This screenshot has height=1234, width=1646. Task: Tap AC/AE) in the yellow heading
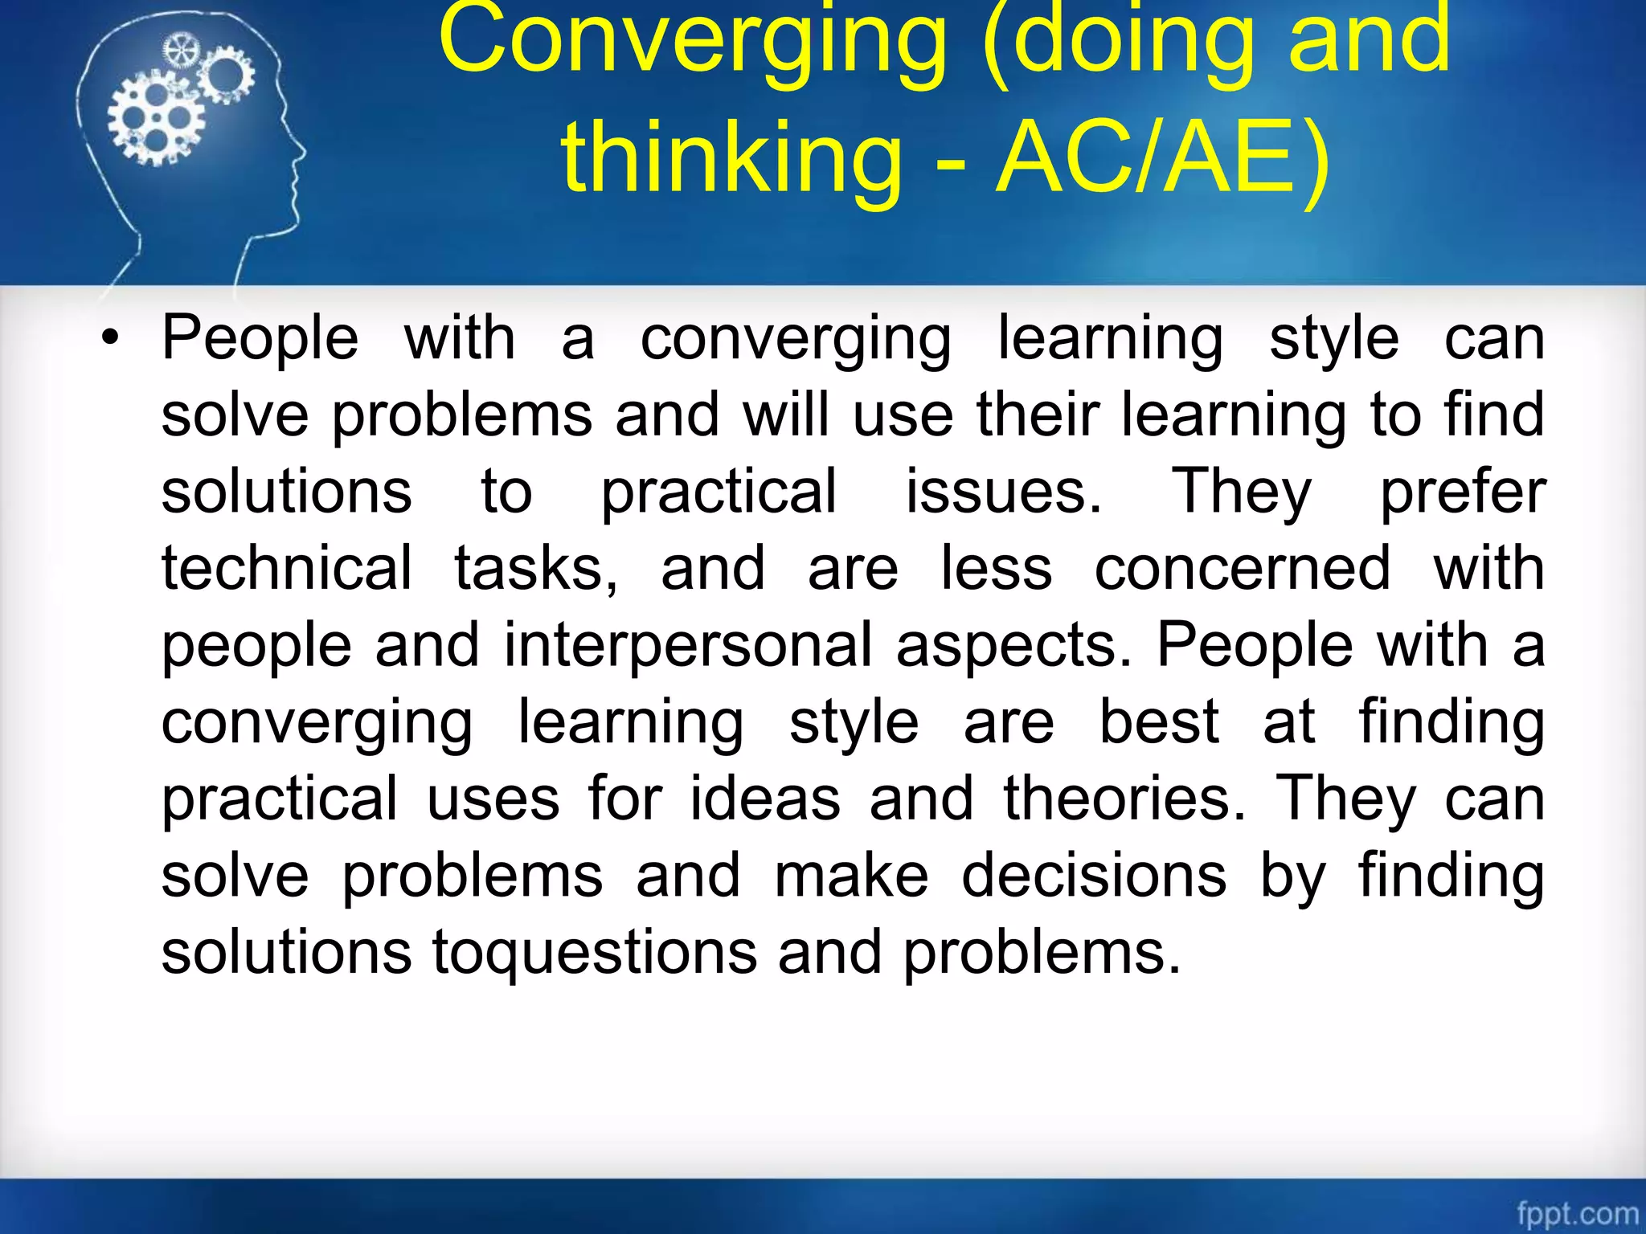pos(1162,157)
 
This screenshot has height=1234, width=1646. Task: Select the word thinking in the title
pos(731,157)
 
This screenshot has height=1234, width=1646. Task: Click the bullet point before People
pos(110,338)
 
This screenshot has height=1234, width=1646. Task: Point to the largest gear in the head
pos(157,118)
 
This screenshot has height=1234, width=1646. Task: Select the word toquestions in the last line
pos(595,953)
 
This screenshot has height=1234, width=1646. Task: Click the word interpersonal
pos(688,645)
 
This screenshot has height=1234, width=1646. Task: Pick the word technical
pos(287,568)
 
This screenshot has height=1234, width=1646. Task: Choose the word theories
pos(1125,799)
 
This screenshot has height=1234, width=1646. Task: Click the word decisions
pos(1095,876)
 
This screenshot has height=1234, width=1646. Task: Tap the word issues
pos(1004,492)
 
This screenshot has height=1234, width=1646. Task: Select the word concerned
pos(1243,568)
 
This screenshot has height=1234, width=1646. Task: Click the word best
pos(1159,721)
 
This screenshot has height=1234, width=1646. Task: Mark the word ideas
pos(765,799)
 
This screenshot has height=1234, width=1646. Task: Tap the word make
pos(851,876)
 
